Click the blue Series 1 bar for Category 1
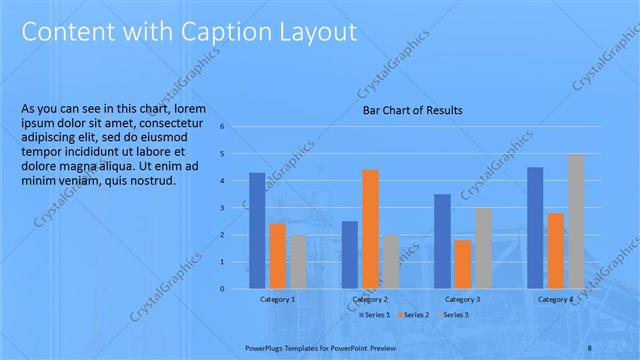pos(257,231)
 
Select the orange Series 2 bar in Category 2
pos(370,229)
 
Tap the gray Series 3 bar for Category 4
pos(576,221)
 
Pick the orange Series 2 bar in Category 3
pos(463,264)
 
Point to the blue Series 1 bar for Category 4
pos(535,228)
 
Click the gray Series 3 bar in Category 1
pos(298,262)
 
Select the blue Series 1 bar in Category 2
pos(349,255)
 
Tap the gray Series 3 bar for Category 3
pos(483,248)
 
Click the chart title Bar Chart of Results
pos(412,110)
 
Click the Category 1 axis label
pos(277,299)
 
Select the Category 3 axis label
pos(462,299)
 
